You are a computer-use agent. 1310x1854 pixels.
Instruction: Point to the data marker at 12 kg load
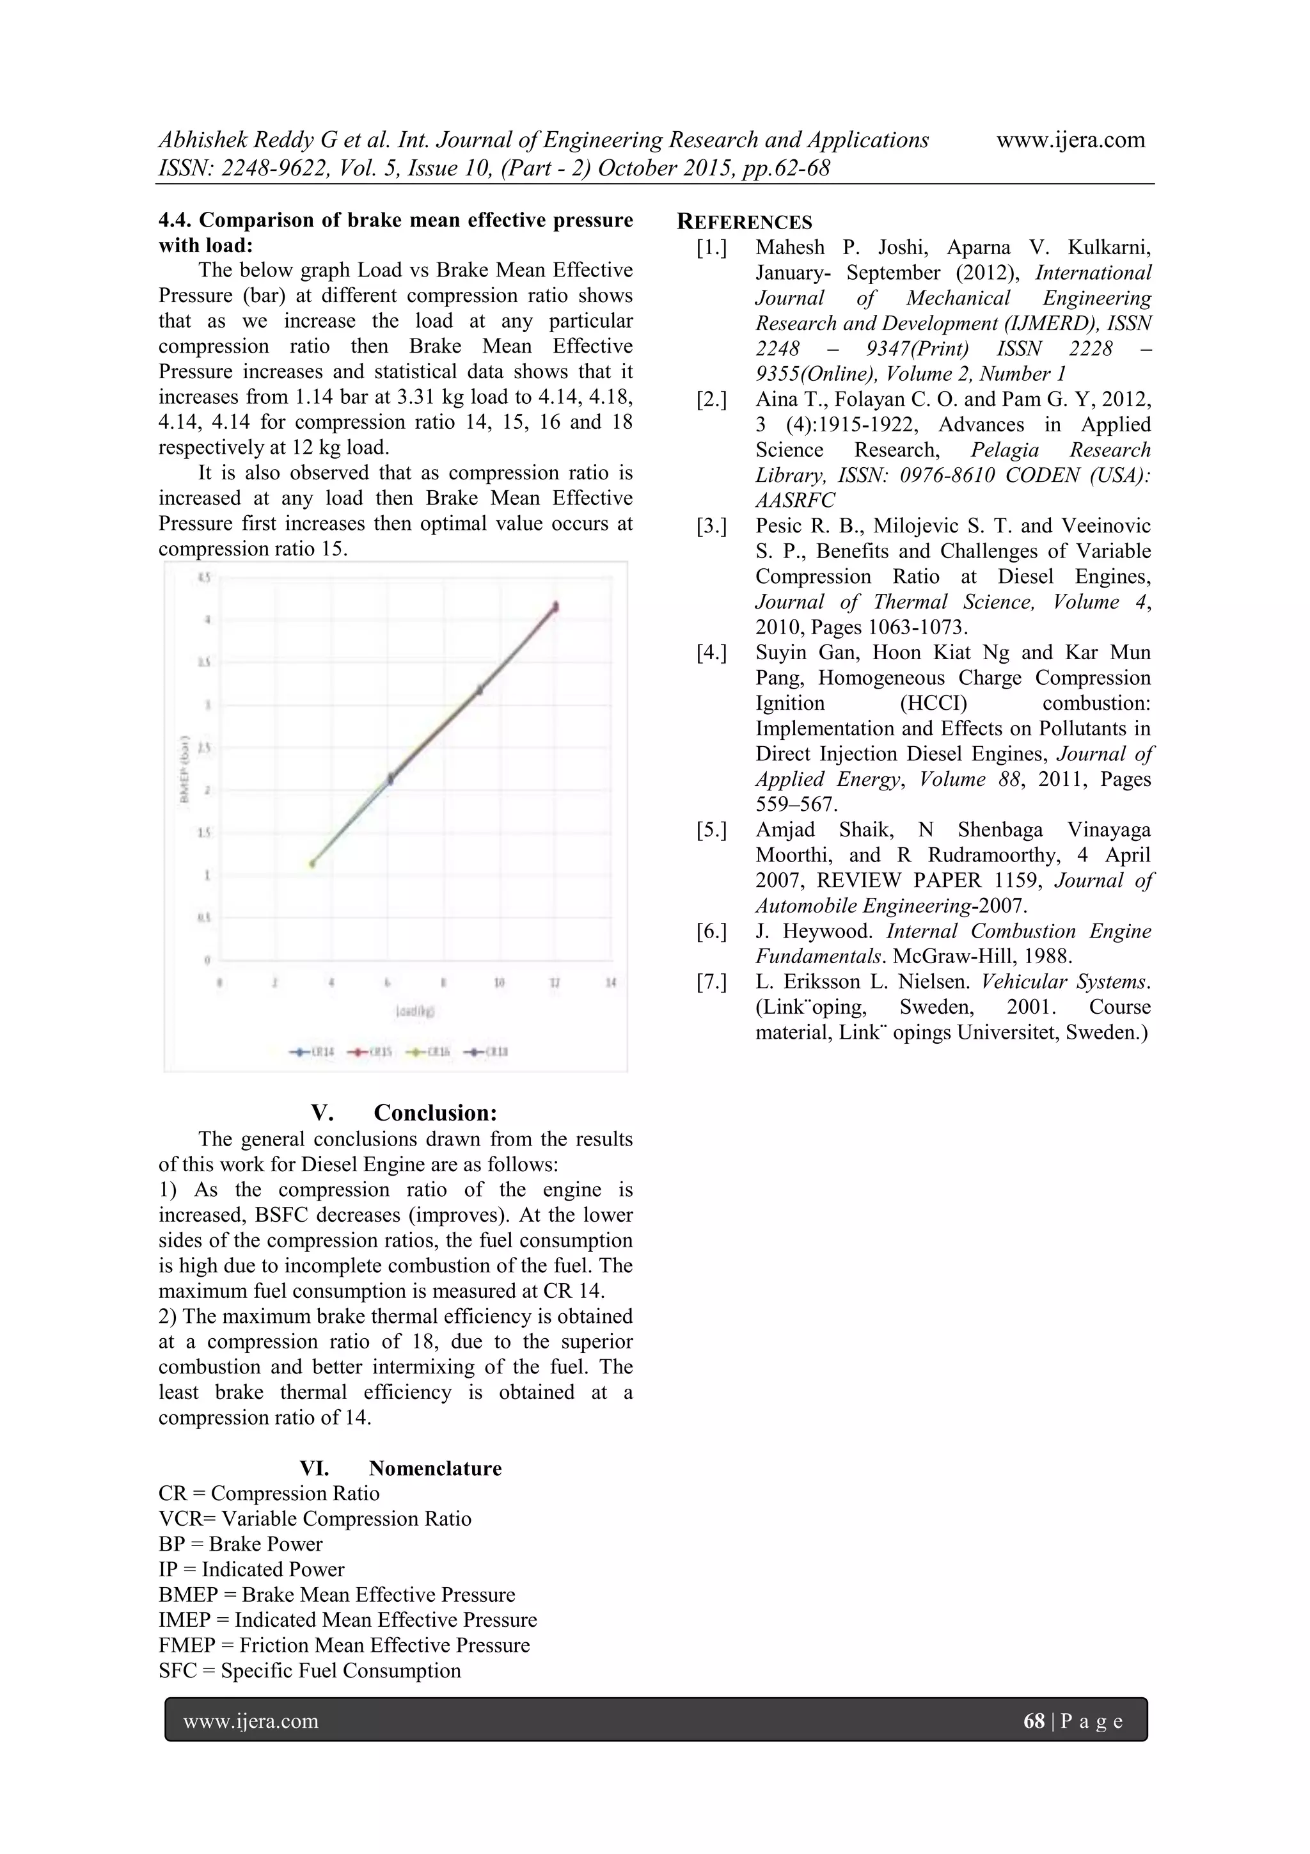click(555, 607)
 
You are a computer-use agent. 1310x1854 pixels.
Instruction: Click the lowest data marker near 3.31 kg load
click(312, 863)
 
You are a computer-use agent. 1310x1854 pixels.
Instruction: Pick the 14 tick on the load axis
click(611, 983)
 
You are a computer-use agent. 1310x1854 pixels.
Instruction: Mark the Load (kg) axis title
click(416, 1010)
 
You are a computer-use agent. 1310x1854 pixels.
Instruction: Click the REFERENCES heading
click(744, 222)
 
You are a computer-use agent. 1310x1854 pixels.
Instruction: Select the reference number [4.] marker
click(711, 653)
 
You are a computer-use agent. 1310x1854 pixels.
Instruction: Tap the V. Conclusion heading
click(404, 1113)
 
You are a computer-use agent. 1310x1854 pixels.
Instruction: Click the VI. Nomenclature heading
click(400, 1468)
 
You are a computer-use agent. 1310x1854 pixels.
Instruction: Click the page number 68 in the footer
click(1033, 1721)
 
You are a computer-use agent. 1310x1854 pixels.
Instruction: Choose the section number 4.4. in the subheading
click(175, 220)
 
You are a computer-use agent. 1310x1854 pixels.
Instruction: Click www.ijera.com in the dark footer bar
click(251, 1721)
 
